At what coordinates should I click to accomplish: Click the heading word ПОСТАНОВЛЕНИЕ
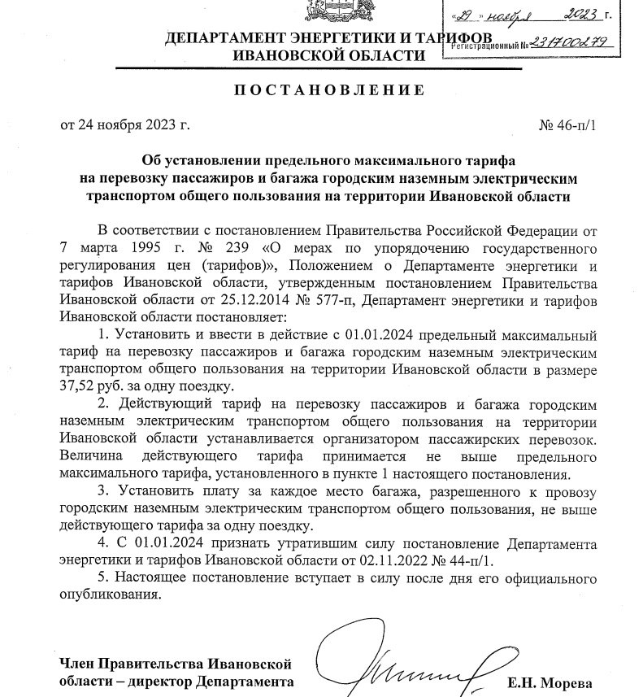pyautogui.click(x=328, y=89)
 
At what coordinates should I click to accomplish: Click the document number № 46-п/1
pyautogui.click(x=567, y=125)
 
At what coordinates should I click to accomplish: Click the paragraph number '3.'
pyautogui.click(x=102, y=490)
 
